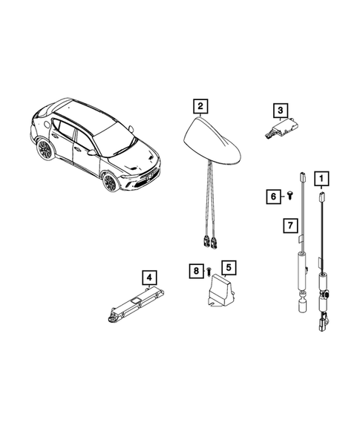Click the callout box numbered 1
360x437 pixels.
point(321,178)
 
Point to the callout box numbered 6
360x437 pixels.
point(272,196)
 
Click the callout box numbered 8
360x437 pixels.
point(196,272)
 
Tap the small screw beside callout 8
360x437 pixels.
point(209,271)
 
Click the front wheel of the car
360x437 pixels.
point(111,183)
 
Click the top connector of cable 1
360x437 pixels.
point(321,199)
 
